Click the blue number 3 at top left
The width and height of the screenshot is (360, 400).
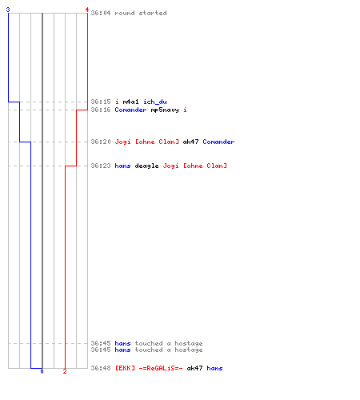pyautogui.click(x=8, y=10)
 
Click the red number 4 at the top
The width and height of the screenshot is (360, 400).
pyautogui.click(x=86, y=10)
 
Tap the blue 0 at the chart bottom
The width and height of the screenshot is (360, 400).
pyautogui.click(x=42, y=371)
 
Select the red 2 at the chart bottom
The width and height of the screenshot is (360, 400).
pyautogui.click(x=65, y=371)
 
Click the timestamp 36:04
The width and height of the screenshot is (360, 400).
pyautogui.click(x=101, y=13)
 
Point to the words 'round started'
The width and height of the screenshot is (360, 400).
pyautogui.click(x=141, y=13)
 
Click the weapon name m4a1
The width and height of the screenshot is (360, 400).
pyautogui.click(x=130, y=102)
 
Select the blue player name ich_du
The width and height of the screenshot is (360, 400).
pyautogui.click(x=155, y=102)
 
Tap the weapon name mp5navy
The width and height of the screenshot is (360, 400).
pyautogui.click(x=165, y=110)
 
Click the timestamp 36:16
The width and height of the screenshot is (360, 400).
pyautogui.click(x=101, y=110)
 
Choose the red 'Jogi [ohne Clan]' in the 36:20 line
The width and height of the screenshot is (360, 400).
pyautogui.click(x=146, y=142)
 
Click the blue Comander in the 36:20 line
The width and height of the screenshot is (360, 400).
pyautogui.click(x=218, y=142)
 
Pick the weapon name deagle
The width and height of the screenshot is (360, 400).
pyautogui.click(x=146, y=166)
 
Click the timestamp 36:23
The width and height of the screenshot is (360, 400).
pyautogui.click(x=101, y=166)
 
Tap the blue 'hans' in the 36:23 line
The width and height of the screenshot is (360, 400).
pyautogui.click(x=122, y=166)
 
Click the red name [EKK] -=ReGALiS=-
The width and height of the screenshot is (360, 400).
pyautogui.click(x=149, y=368)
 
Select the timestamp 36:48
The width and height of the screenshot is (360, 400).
pyautogui.click(x=101, y=368)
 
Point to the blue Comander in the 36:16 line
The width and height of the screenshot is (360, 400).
pyautogui.click(x=130, y=110)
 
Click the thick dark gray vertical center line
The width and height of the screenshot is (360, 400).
pyautogui.click(x=42, y=190)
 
